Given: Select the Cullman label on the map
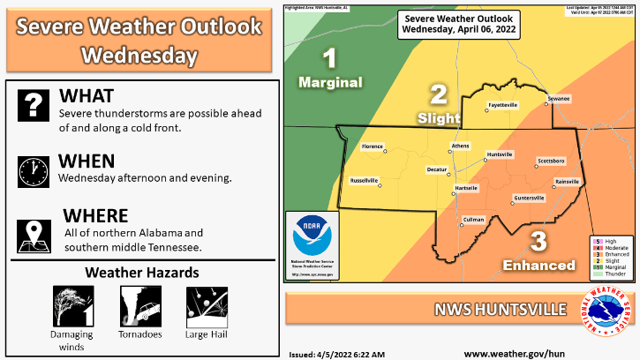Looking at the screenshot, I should (x=474, y=218).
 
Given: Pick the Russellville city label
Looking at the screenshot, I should (x=365, y=180).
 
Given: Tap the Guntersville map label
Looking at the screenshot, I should (x=529, y=198).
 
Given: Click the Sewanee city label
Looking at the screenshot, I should (x=559, y=98).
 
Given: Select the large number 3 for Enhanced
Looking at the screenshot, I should (x=538, y=241).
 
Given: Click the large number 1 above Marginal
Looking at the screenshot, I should (x=330, y=59).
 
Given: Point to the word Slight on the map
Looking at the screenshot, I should (x=438, y=116).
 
